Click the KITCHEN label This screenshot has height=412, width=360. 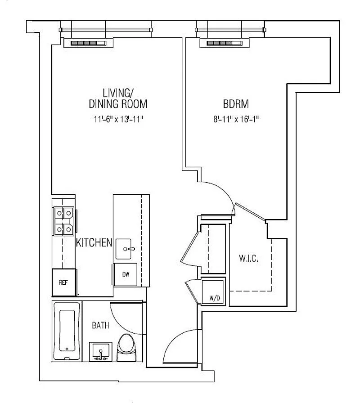(x=94, y=242)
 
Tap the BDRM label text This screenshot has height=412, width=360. (x=236, y=104)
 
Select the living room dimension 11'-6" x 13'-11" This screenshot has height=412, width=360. (x=118, y=119)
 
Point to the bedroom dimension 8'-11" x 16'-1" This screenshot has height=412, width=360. (x=236, y=119)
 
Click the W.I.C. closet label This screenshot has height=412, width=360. (x=248, y=258)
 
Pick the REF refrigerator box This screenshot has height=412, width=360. (x=64, y=282)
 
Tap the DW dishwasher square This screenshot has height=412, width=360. (x=126, y=274)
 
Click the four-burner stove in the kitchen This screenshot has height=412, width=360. (x=64, y=221)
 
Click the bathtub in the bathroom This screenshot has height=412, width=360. (x=67, y=331)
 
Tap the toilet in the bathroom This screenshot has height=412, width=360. (x=126, y=348)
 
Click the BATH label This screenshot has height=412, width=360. (x=100, y=326)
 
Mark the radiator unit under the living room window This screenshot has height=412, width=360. (x=88, y=43)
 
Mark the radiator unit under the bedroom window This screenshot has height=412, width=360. (x=224, y=43)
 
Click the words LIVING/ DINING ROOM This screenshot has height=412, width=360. (x=118, y=99)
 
